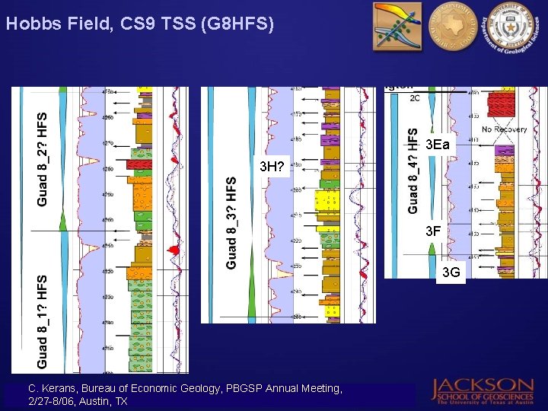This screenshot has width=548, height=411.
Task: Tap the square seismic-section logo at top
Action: tap(395, 27)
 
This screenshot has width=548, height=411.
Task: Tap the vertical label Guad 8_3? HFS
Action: tap(231, 222)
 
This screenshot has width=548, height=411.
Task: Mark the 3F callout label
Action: tap(433, 230)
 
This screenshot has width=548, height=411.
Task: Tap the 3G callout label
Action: tap(451, 272)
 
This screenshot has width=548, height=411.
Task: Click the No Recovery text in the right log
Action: tap(504, 129)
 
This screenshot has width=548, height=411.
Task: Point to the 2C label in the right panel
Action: tap(415, 98)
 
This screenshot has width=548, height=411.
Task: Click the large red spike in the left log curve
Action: tap(174, 250)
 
